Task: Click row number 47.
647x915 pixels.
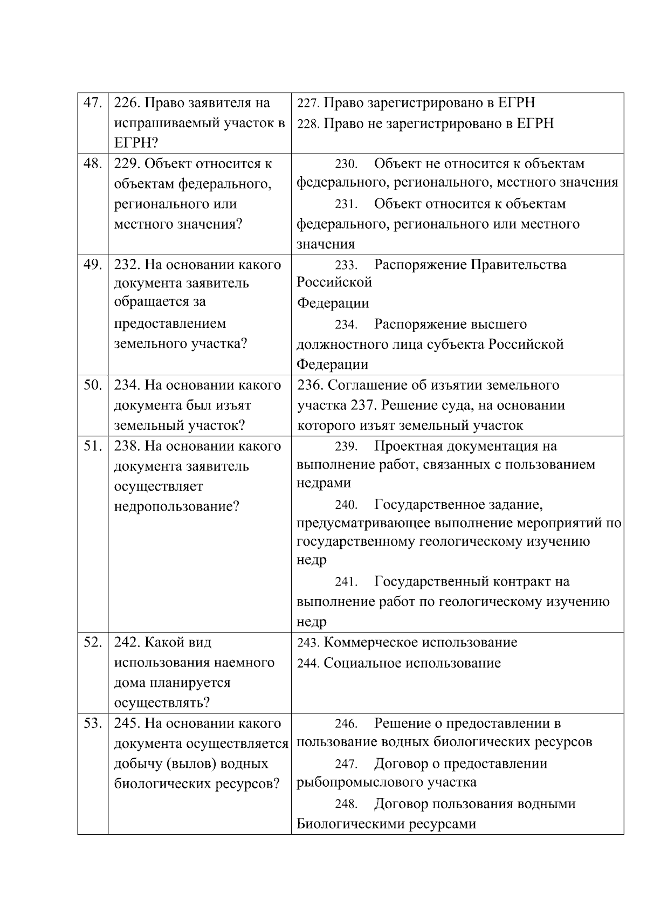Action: [92, 103]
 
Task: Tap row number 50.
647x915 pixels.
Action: [92, 385]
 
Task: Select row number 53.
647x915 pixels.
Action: [92, 723]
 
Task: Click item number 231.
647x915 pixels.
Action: [346, 204]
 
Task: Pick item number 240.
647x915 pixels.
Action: [346, 505]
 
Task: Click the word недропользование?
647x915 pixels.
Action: [176, 507]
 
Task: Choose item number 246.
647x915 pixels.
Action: [346, 724]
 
